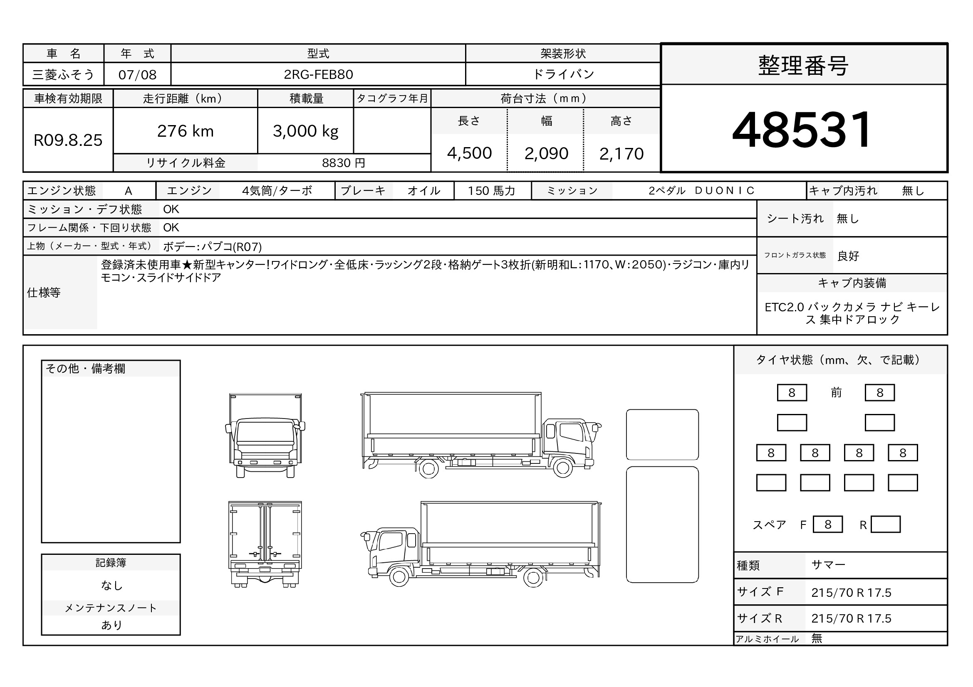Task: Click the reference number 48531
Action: coord(801,130)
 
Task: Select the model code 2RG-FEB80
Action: coord(318,74)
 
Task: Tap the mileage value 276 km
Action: coord(185,131)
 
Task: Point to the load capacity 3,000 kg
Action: coord(306,132)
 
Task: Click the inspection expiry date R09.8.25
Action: coord(68,140)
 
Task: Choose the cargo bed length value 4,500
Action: coord(469,153)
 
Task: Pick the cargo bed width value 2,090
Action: coord(546,153)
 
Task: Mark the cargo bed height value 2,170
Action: coord(621,154)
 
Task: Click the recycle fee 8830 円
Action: coord(343,163)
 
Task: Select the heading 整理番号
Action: coord(803,66)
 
